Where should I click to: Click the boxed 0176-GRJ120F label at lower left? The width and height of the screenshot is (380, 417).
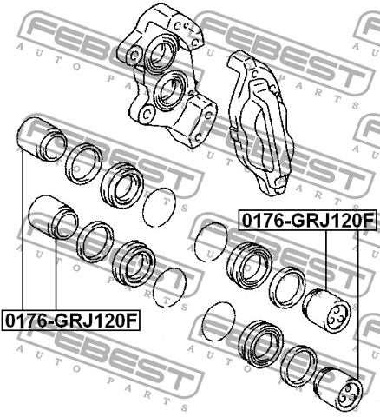pos(71,320)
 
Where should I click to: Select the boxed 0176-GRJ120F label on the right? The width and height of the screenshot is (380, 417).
pos(308,221)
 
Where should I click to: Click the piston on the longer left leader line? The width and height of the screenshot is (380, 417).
pos(42,140)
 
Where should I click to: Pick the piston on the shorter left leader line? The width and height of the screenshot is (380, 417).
pos(54,216)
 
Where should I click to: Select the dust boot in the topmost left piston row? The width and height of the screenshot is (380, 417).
pos(122,185)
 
